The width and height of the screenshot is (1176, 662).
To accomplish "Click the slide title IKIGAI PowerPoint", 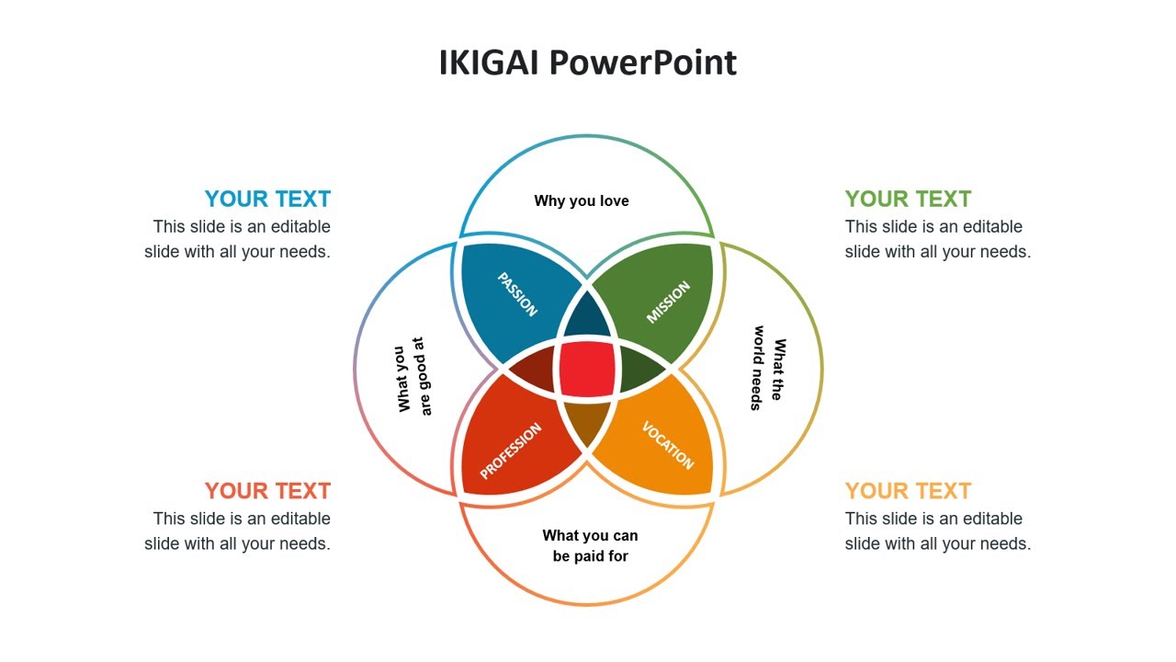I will point(588,63).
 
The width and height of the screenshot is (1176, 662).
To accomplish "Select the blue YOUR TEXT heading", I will point(267,199).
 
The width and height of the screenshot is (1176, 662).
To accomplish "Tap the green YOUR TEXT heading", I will point(908,199).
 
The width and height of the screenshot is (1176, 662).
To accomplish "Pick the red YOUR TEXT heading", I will point(267,490).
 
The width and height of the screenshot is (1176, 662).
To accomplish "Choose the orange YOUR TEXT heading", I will point(908,490).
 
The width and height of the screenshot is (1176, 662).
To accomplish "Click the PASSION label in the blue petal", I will point(516,294).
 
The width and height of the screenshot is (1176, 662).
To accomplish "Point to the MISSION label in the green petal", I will point(668,302).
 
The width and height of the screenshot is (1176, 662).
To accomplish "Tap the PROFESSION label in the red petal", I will point(511,451).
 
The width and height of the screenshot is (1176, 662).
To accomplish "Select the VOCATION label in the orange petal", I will point(668,445).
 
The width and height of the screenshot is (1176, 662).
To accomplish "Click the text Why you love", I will point(582,200).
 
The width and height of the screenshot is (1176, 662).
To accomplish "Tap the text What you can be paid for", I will point(590,545).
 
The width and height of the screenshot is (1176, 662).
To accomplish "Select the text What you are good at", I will point(413,374).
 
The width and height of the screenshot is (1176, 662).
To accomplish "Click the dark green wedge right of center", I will point(641,368).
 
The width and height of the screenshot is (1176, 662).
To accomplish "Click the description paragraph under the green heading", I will point(938,239).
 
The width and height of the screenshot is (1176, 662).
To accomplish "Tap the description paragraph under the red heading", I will point(237,531).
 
